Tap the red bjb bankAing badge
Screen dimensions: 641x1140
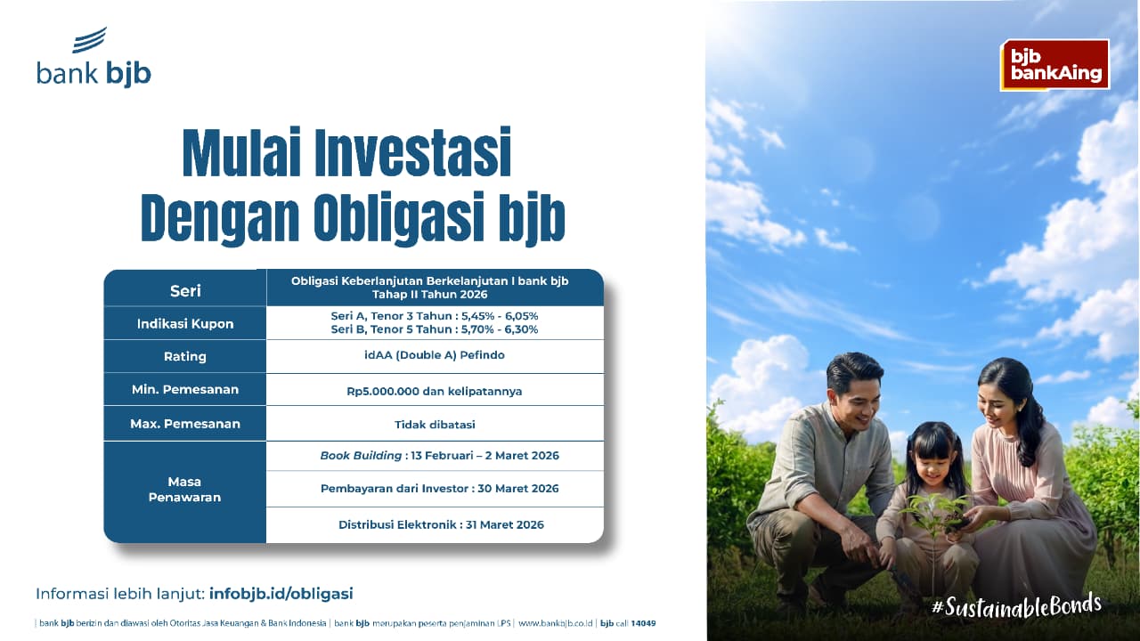[1055, 65]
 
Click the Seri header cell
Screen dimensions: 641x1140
[185, 290]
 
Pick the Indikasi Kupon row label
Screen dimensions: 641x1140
[185, 323]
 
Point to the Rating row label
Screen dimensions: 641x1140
[185, 356]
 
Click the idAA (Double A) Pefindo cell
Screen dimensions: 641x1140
[435, 356]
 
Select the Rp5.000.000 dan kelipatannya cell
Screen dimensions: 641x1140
[435, 391]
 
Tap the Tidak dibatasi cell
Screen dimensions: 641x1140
[435, 424]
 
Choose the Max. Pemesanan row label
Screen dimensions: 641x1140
[185, 424]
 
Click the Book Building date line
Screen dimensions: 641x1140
[440, 456]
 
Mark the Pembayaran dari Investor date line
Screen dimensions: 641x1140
[440, 489]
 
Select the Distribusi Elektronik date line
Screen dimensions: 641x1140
[441, 524]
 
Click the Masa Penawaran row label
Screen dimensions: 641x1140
[185, 490]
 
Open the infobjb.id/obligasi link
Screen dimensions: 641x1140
[281, 593]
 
